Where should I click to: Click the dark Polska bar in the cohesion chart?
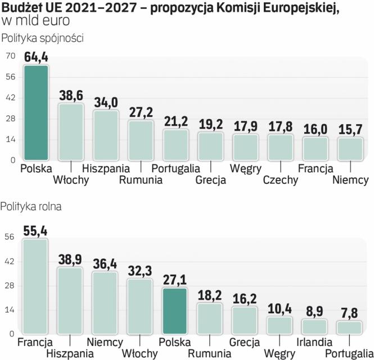click(36, 112)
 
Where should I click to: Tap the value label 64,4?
click(36, 57)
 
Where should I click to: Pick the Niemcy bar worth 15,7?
click(350, 148)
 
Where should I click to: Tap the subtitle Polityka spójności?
click(43, 39)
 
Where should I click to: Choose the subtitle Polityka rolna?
click(31, 206)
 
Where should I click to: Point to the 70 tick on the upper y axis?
click(10, 56)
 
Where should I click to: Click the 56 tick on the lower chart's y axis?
click(9, 237)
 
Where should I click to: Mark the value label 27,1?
click(174, 280)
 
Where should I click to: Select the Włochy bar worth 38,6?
click(71, 132)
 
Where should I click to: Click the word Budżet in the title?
click(21, 8)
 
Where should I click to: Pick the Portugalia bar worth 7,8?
click(350, 327)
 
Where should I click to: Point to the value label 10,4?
click(280, 309)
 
